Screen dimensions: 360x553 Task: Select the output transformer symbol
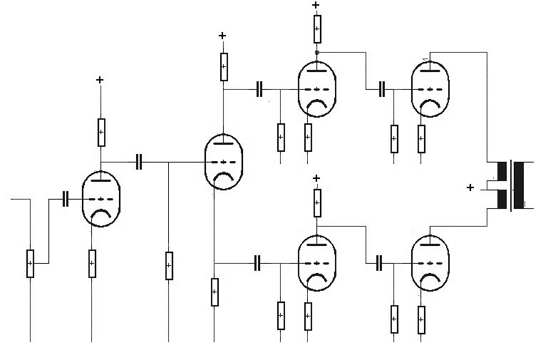tap(510, 186)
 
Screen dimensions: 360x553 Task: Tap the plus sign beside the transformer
tap(470, 187)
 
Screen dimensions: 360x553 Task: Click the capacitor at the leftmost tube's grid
tap(65, 199)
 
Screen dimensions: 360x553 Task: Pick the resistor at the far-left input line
tap(30, 263)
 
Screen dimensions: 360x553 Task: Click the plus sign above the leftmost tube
tap(100, 80)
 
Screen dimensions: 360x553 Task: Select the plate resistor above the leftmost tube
tap(100, 131)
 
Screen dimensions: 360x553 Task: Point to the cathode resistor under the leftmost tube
tap(92, 263)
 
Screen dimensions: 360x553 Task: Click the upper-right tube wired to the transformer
tap(430, 88)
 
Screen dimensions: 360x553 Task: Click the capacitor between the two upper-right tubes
tap(382, 88)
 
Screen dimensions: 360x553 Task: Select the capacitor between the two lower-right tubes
tap(379, 262)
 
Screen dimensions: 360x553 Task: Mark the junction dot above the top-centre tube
tap(316, 53)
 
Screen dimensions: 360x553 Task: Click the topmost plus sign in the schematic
tap(316, 6)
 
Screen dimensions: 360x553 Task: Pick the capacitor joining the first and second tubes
tap(140, 162)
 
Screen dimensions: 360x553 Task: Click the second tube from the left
tap(223, 162)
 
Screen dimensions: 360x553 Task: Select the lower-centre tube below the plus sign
tap(317, 262)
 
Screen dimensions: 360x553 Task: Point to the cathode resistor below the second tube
tap(215, 292)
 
